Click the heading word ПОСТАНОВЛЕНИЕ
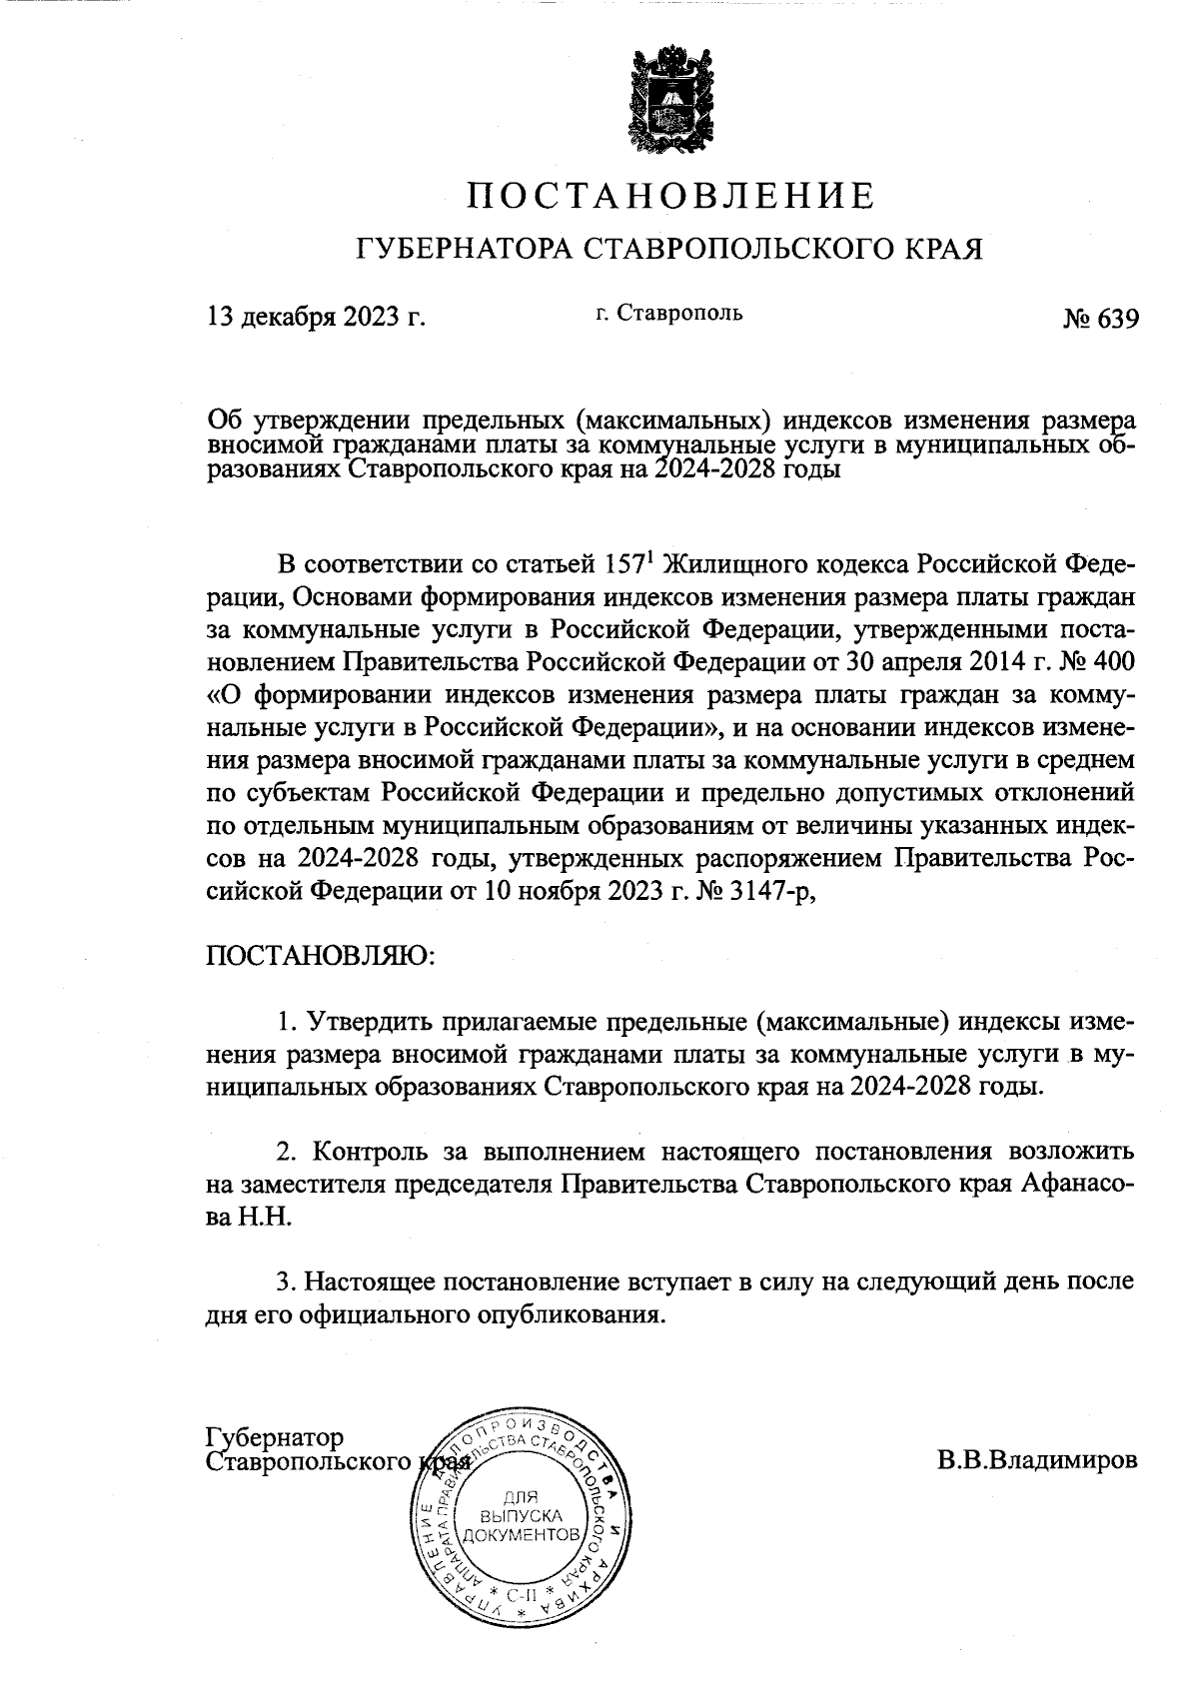coord(671,195)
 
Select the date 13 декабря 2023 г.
coord(316,317)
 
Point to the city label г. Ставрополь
coord(668,313)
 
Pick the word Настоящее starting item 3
coord(372,1281)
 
